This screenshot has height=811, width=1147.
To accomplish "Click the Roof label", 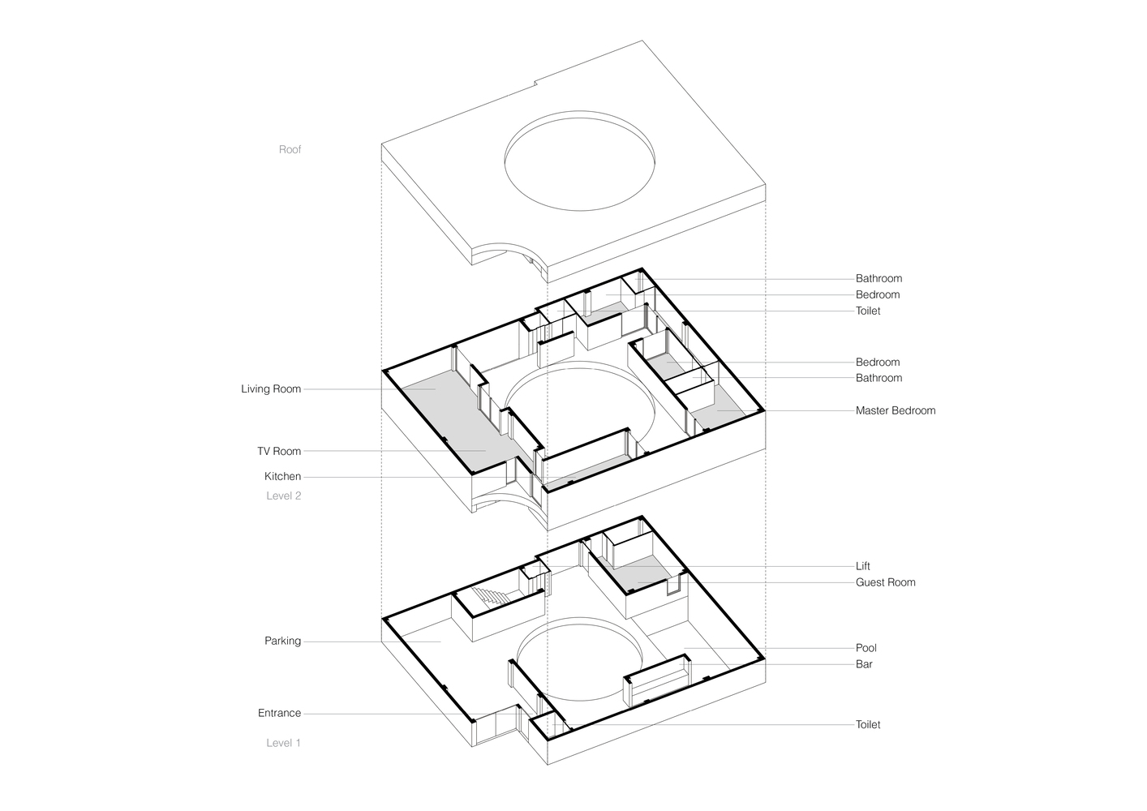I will (290, 149).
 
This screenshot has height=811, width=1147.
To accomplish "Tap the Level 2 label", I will (283, 496).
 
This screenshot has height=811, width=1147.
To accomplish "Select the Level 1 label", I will (283, 743).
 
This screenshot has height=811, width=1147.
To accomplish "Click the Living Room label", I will (271, 389).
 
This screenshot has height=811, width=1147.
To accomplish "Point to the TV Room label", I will (279, 452).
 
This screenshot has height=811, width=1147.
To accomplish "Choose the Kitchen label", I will (282, 477).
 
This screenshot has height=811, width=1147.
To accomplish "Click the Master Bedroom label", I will (895, 411).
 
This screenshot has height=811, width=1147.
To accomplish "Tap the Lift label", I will (862, 566).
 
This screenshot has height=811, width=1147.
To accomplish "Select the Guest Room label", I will (885, 582).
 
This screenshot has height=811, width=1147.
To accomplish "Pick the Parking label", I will (282, 642).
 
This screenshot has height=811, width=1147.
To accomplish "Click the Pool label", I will (866, 648).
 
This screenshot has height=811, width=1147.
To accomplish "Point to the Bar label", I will (864, 664).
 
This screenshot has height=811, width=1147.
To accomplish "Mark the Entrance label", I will (279, 714).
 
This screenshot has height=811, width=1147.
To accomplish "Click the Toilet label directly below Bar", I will (867, 725).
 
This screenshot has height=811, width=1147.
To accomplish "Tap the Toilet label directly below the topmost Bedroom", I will (867, 311).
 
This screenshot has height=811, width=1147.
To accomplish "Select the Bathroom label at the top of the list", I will (879, 279).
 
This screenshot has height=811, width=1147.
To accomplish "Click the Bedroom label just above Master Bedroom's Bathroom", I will (877, 363).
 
